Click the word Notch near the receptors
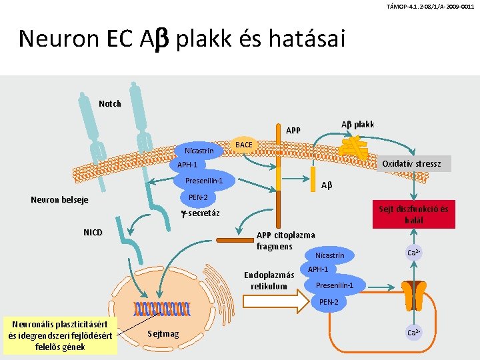(x=110, y=103)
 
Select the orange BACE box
(x=244, y=145)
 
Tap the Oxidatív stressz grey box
(x=411, y=163)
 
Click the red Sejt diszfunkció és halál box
(x=414, y=215)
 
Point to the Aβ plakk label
(x=358, y=125)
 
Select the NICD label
(x=93, y=233)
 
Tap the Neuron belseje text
(x=59, y=200)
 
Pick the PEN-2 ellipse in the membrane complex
(x=198, y=197)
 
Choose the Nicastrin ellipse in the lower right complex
(x=330, y=255)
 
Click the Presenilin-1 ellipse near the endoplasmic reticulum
(x=339, y=285)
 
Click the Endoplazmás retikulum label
(x=269, y=281)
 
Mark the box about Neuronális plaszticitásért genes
(x=60, y=335)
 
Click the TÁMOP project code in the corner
(x=430, y=6)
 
